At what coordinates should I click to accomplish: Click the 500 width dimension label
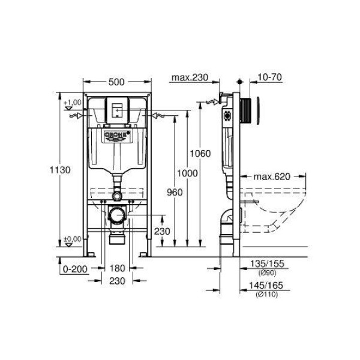pyautogui.click(x=116, y=82)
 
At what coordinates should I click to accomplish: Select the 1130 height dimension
pyautogui.click(x=60, y=170)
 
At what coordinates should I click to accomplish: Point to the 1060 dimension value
pyautogui.click(x=200, y=154)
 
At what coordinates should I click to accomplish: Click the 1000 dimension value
pyautogui.click(x=187, y=173)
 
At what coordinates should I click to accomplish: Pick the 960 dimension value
pyautogui.click(x=175, y=193)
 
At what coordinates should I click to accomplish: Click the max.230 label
pyautogui.click(x=190, y=77)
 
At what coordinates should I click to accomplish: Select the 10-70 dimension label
pyautogui.click(x=269, y=77)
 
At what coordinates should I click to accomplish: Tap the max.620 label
pyautogui.click(x=272, y=177)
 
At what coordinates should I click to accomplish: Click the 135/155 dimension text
pyautogui.click(x=267, y=264)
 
